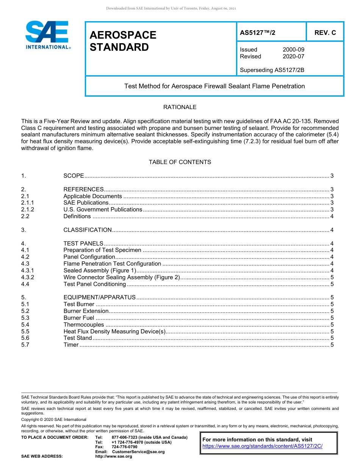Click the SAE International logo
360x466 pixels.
(x=47, y=35)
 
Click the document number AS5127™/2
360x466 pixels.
(x=258, y=33)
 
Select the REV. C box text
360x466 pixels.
(x=325, y=33)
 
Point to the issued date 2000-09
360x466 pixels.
(x=293, y=50)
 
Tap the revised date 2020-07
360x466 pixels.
(x=293, y=56)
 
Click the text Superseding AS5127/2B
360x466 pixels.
(x=272, y=70)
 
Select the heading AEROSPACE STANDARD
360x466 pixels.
(x=123, y=41)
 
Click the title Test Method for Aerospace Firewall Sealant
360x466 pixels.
(x=214, y=86)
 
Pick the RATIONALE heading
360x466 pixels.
(x=180, y=107)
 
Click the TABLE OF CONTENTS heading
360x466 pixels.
(x=180, y=162)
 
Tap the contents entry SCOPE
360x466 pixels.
(x=74, y=176)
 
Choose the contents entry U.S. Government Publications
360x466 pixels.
(x=103, y=210)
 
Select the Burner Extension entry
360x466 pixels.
(x=86, y=311)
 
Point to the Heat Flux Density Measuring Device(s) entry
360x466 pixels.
(x=115, y=332)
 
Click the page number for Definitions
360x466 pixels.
(x=332, y=216)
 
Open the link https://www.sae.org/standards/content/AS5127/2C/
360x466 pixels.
(x=262, y=446)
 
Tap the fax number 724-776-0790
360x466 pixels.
(x=125, y=447)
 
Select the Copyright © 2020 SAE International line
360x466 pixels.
(x=54, y=419)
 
